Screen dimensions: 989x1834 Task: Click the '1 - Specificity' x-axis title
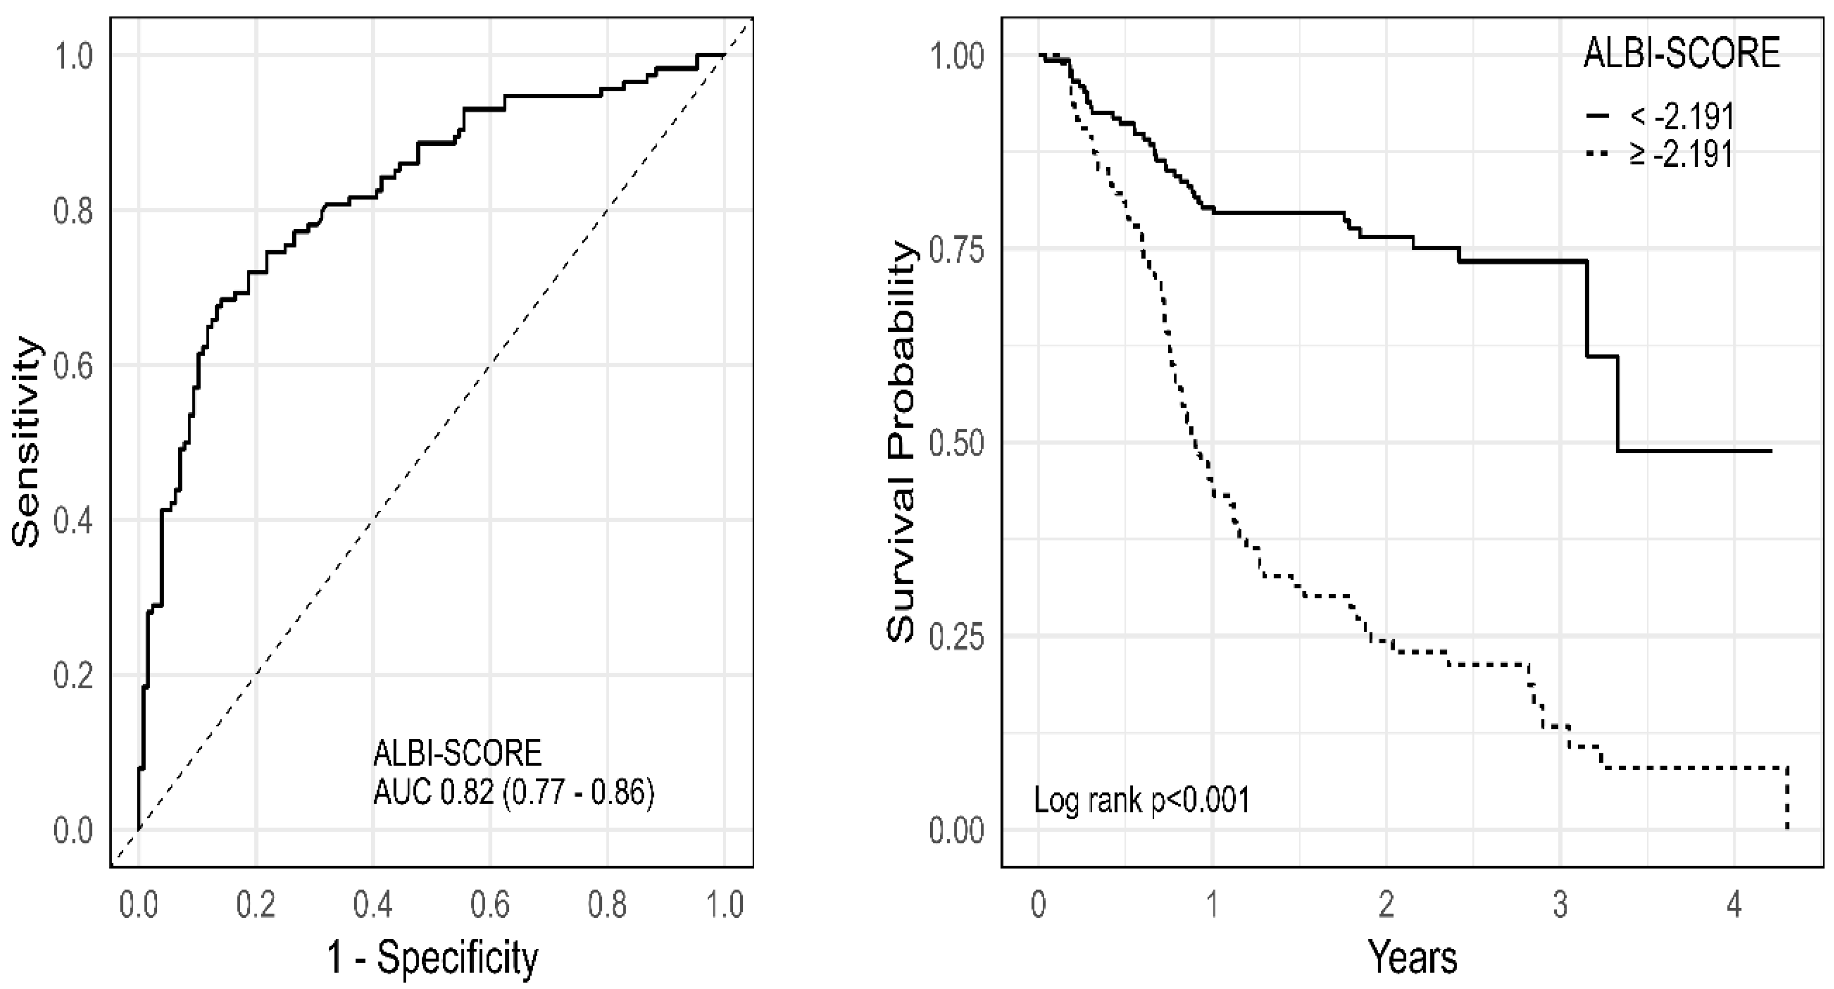(x=432, y=957)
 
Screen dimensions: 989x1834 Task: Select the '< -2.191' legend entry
(x=1680, y=116)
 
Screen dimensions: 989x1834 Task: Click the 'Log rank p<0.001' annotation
(x=1141, y=801)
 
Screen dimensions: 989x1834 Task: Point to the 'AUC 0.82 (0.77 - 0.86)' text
(x=513, y=792)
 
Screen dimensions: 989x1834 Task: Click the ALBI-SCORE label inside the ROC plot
(x=457, y=753)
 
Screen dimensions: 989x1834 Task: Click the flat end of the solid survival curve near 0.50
(x=1695, y=450)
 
